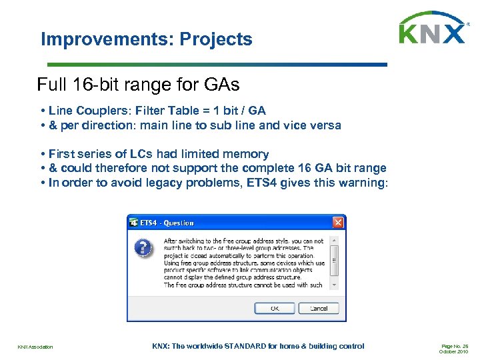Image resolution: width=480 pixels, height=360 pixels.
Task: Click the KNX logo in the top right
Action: [x=432, y=29]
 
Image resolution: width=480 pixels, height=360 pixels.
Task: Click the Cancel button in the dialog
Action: [x=319, y=309]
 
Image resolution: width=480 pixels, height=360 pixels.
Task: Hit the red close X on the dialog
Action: [x=338, y=223]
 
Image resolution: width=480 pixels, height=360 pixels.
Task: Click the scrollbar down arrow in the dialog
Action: [x=335, y=285]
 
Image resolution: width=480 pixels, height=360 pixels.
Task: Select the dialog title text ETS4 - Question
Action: [x=167, y=223]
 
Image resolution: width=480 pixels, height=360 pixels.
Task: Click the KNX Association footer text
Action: [x=35, y=347]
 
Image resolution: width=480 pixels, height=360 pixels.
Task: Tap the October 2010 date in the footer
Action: [x=453, y=351]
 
